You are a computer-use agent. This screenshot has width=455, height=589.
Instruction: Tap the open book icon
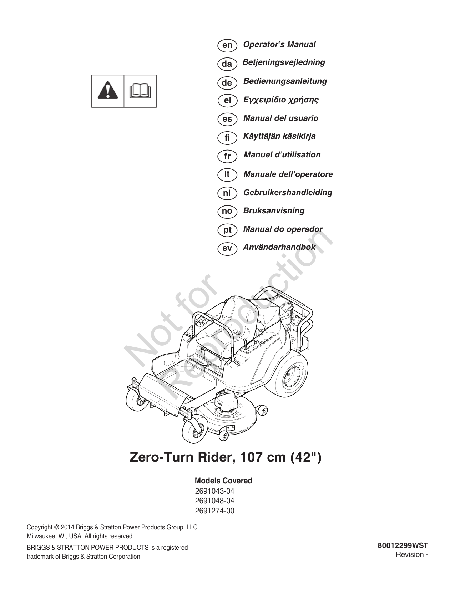coord(140,91)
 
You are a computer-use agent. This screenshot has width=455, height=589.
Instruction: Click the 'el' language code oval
coord(227,101)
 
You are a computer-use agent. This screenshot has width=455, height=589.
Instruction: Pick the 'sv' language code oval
coord(227,248)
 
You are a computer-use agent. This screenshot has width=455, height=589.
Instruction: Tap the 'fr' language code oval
coord(227,156)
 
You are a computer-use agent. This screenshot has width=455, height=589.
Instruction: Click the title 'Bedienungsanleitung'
coord(285,81)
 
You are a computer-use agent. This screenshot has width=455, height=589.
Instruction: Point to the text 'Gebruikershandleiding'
coord(288,192)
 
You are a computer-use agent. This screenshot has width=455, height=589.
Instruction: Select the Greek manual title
coord(280,100)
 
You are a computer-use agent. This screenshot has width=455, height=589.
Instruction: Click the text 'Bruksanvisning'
coord(274,210)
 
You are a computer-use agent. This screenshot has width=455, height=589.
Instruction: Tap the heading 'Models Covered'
coord(223,481)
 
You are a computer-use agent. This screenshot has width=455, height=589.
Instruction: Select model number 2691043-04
coord(214,491)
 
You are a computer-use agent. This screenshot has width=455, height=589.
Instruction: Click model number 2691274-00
coord(214,511)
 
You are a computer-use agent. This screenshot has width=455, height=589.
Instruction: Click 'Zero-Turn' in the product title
coord(162,458)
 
